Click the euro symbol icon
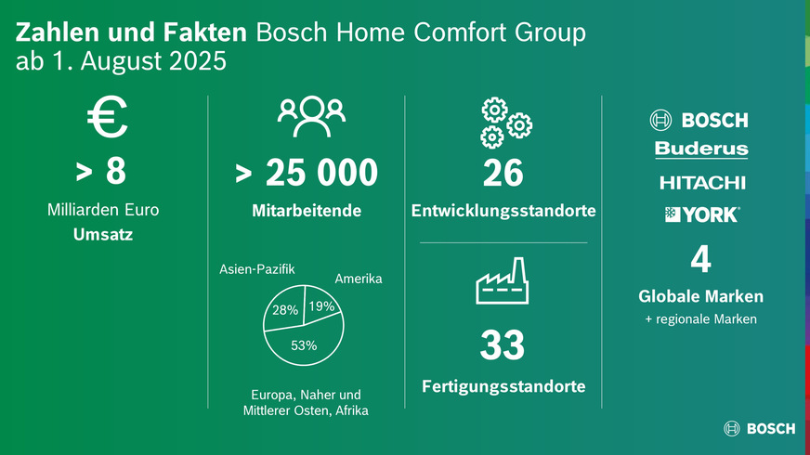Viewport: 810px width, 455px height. (108, 119)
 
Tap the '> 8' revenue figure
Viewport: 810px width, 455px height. (102, 173)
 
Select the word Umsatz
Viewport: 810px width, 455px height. (102, 234)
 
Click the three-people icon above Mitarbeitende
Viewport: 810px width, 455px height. (310, 112)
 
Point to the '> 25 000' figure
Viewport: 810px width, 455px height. (307, 173)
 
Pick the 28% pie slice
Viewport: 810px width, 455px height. (283, 311)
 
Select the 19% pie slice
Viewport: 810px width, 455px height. (321, 307)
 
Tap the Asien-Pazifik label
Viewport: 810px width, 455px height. (257, 270)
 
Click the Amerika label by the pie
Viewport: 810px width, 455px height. (358, 279)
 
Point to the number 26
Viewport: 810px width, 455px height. (503, 173)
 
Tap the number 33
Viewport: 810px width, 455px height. (503, 346)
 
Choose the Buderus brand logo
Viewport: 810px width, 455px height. (700, 149)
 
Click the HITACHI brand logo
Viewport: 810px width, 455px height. (701, 182)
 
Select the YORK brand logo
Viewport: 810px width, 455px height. (701, 214)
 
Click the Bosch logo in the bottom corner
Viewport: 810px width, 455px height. (759, 429)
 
